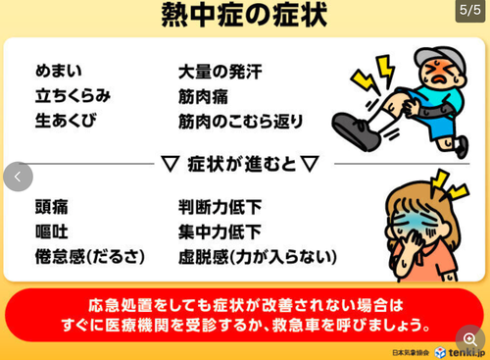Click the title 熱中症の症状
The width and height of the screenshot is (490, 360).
click(244, 18)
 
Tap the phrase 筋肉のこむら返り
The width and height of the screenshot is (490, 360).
click(241, 122)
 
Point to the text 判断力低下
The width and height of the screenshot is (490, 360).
click(220, 207)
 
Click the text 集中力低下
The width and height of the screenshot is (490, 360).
click(220, 232)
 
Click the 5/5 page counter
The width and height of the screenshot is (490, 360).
click(469, 11)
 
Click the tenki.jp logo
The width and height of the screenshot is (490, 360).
click(460, 351)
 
